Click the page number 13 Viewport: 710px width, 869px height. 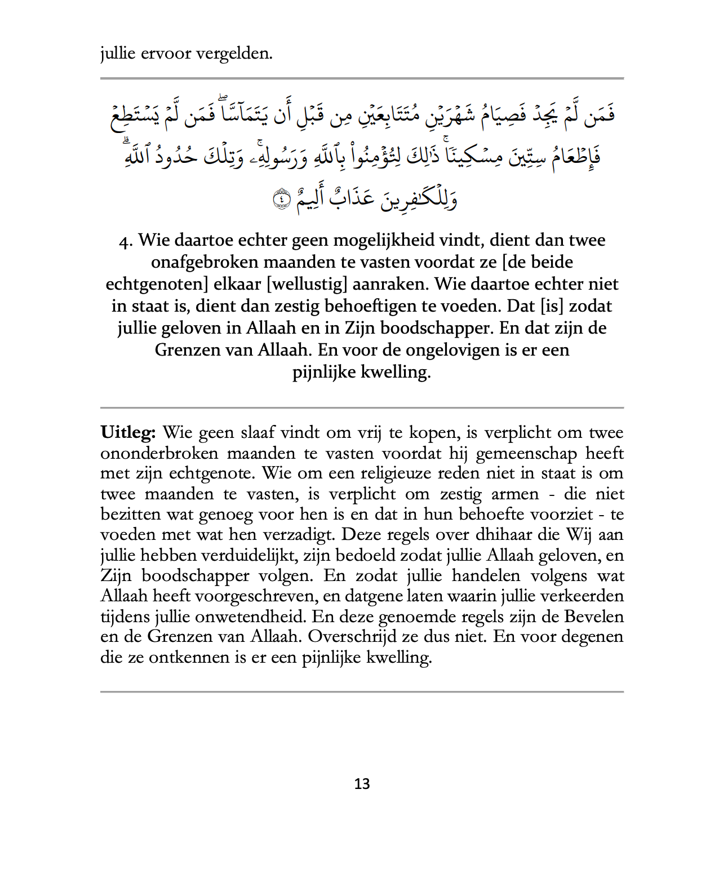[362, 784]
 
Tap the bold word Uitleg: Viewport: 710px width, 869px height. [128, 433]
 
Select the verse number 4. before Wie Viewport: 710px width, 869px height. [126, 241]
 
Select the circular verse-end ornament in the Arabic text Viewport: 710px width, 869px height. [281, 199]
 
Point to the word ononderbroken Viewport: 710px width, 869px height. [159, 454]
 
